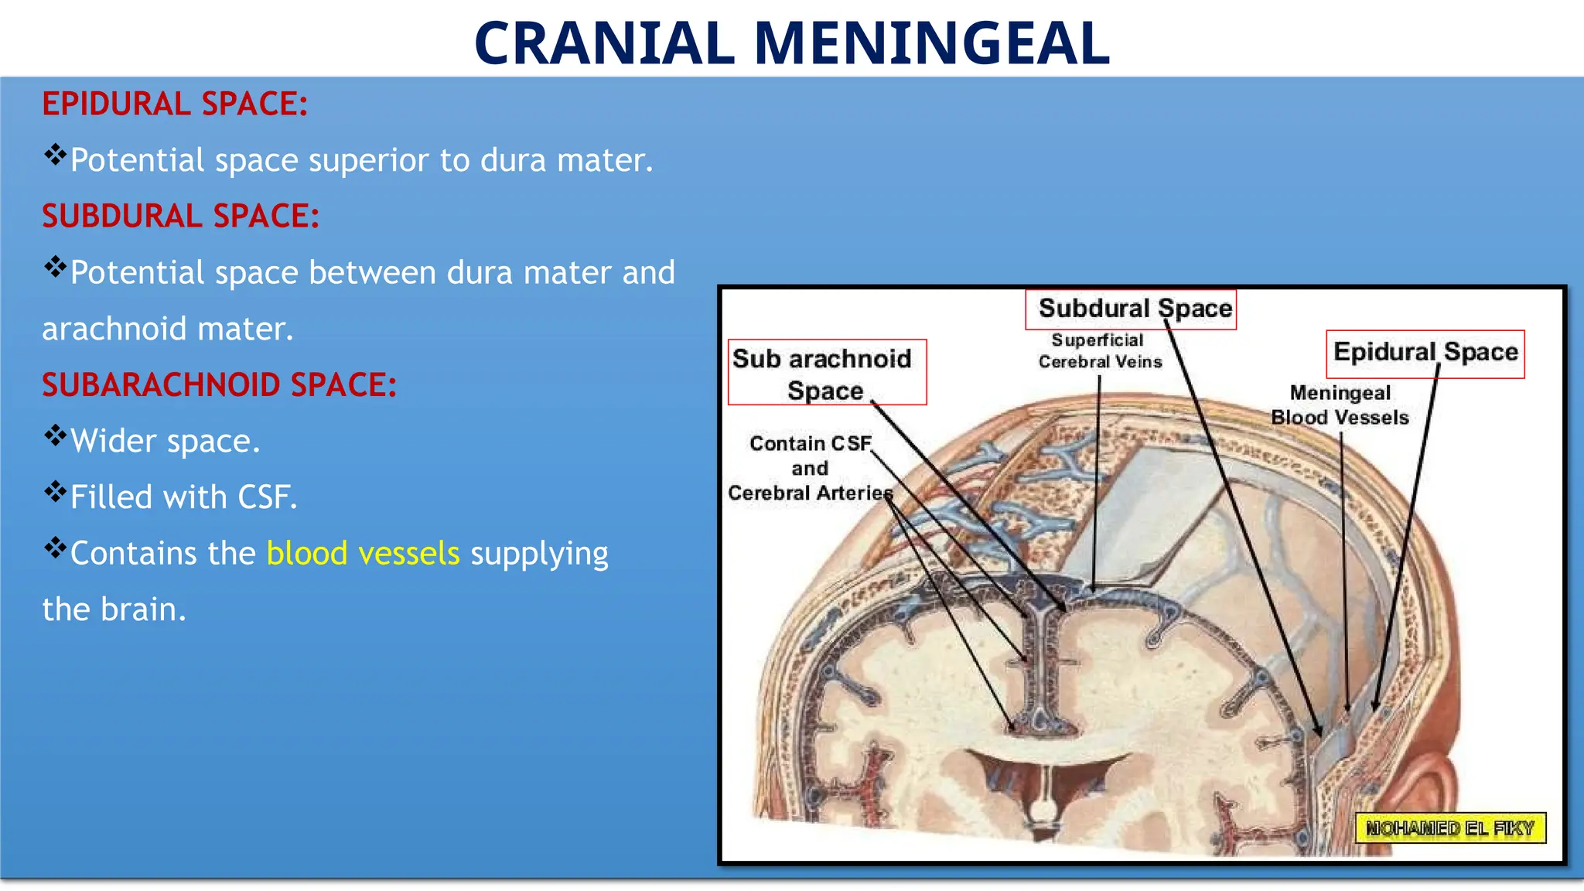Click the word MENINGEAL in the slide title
coord(931,43)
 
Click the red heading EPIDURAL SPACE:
coord(175,104)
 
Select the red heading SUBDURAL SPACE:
coord(180,216)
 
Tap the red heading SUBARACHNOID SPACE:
coord(219,384)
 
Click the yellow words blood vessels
coord(363,553)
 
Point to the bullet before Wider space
coord(55,436)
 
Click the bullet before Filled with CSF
coord(55,492)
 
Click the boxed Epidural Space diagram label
coord(1425,353)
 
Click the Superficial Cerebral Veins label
coord(1099,351)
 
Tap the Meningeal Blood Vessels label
coord(1340,405)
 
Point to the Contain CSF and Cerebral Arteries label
coord(810,468)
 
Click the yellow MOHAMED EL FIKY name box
coord(1449,828)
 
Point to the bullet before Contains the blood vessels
coord(55,548)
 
